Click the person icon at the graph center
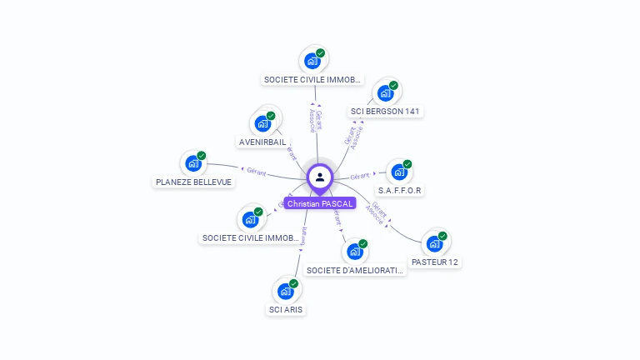320,177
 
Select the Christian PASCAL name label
320,203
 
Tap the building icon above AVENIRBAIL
263,123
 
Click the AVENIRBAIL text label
262,142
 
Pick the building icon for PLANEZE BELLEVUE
193,163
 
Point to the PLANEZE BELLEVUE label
193,182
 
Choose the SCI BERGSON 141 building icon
386,92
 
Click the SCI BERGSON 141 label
387,111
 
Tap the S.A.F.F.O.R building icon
400,172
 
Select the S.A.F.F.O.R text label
400,191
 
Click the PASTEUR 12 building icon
434,243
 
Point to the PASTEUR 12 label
435,262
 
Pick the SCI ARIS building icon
286,291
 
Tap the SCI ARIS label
286,310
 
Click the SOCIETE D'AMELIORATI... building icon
355,252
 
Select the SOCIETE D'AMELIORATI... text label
355,271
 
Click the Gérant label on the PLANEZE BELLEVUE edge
255,170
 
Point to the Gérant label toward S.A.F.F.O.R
360,176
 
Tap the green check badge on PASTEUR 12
442,236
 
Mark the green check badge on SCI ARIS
294,283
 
